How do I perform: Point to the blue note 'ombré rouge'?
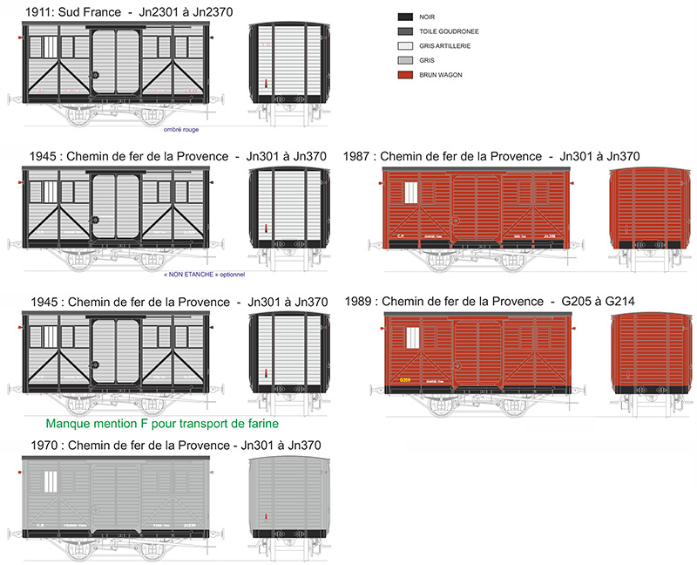click(x=181, y=129)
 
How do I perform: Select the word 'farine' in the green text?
click(x=258, y=425)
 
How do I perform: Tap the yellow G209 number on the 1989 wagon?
click(x=404, y=379)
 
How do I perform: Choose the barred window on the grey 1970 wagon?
click(x=51, y=481)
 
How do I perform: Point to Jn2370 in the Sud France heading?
click(x=215, y=11)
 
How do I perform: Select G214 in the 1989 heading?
click(x=615, y=302)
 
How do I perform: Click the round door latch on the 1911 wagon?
click(x=95, y=75)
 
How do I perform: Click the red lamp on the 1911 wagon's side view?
click(x=20, y=38)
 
